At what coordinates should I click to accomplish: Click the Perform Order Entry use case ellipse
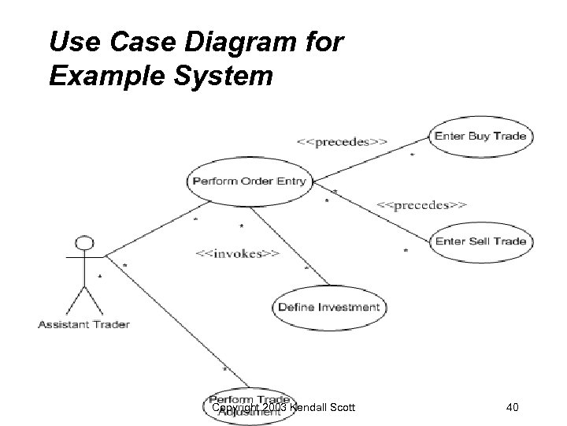(x=249, y=181)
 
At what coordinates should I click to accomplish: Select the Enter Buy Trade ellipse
(x=480, y=136)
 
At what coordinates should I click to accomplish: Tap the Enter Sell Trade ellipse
(x=480, y=241)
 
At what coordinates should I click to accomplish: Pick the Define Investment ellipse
(x=328, y=307)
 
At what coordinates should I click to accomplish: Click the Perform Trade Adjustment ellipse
(x=247, y=403)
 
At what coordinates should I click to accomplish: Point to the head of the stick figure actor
(x=85, y=244)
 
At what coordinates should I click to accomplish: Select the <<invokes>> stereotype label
(x=236, y=254)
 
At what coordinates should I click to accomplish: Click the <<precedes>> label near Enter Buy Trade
(x=341, y=142)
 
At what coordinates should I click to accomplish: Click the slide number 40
(x=513, y=407)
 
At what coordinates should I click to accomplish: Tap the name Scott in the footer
(x=341, y=407)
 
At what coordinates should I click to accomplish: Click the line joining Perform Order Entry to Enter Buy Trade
(x=370, y=159)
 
